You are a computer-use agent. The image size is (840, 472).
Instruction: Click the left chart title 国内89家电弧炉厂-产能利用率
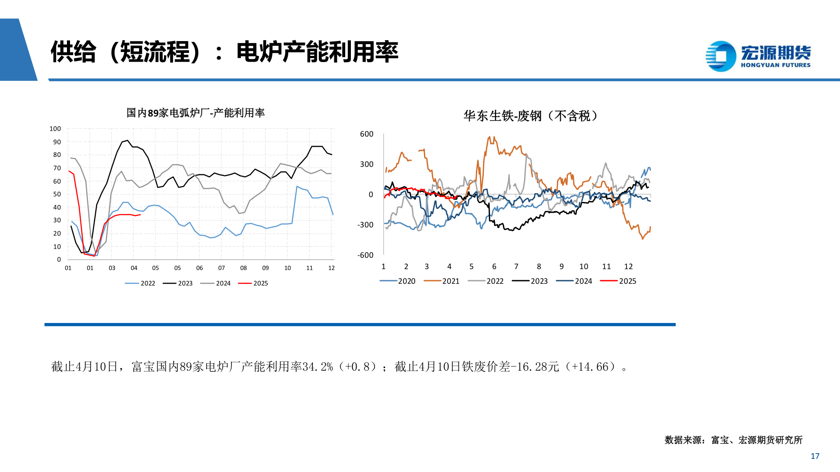196,113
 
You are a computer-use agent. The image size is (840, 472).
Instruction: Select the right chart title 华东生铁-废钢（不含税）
530,116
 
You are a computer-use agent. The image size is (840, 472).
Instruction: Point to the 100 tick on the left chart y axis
55,129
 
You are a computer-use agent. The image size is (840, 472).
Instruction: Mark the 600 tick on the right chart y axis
367,134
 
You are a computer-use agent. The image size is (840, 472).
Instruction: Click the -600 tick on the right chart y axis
365,255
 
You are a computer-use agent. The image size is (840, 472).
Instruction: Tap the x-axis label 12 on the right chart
628,267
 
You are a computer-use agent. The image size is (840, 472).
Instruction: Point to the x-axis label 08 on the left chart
243,268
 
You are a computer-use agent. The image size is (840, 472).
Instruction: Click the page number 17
815,456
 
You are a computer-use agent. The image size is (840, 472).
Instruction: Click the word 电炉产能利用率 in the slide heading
317,52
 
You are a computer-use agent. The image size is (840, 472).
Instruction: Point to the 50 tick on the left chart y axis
57,194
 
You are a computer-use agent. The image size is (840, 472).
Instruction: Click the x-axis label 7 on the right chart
516,267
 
